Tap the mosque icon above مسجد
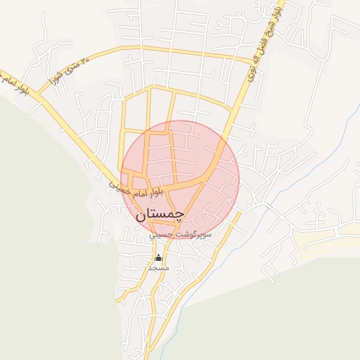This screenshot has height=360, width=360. pyautogui.click(x=157, y=257)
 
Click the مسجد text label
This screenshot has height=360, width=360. pyautogui.click(x=157, y=269)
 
